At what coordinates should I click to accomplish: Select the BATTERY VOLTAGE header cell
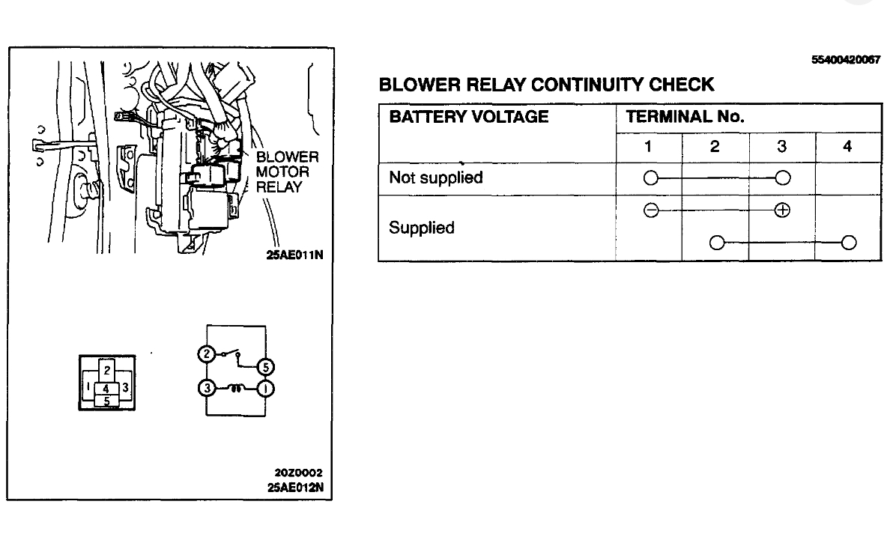click(469, 117)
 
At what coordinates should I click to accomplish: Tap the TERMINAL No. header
click(685, 117)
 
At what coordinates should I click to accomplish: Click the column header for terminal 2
click(715, 148)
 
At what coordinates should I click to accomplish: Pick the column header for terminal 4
click(847, 148)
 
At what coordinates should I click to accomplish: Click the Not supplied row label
click(435, 178)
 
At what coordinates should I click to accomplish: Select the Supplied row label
click(421, 228)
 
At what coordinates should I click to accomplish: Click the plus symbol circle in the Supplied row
click(782, 210)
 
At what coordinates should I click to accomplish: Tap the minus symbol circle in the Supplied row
click(650, 210)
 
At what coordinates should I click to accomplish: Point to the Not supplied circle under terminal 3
click(782, 178)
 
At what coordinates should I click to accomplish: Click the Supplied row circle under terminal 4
click(848, 242)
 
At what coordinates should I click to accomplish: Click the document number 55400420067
click(845, 60)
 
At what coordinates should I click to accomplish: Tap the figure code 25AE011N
click(294, 254)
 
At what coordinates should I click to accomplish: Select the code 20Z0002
click(298, 473)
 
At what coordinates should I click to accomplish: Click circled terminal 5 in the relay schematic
click(265, 367)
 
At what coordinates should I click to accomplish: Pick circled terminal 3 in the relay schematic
click(206, 389)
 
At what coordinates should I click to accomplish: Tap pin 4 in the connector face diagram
click(107, 388)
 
